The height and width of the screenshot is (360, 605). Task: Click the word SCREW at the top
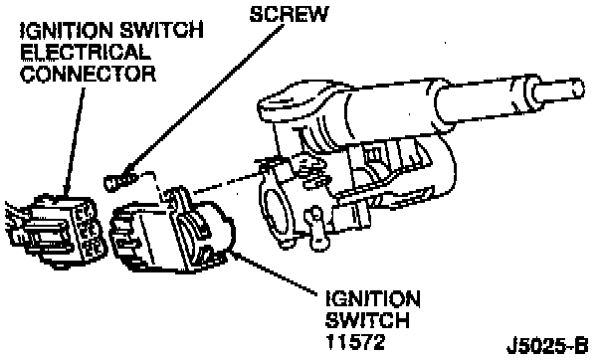(289, 14)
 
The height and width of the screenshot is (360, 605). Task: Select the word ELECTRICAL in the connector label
(85, 52)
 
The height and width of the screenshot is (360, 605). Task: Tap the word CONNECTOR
(88, 74)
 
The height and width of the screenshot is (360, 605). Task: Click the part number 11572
(355, 341)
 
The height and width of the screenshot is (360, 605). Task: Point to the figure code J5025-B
(547, 345)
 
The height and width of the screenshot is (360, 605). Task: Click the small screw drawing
(119, 181)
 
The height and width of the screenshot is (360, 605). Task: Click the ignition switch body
(172, 232)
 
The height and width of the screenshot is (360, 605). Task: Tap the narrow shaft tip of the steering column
(557, 90)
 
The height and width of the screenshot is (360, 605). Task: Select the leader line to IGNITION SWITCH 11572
(275, 272)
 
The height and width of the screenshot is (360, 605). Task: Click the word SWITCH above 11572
(367, 320)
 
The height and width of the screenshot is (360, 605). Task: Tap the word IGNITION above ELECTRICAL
(67, 31)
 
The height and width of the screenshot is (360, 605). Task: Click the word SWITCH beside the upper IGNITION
(161, 31)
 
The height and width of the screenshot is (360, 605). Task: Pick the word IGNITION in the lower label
(373, 298)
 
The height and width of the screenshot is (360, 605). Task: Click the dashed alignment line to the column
(228, 181)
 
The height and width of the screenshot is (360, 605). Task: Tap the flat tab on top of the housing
(286, 101)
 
